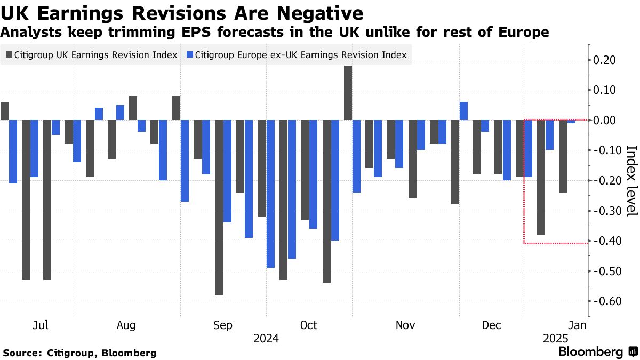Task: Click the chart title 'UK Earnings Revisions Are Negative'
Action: click(x=182, y=12)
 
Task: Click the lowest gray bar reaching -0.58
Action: click(x=219, y=207)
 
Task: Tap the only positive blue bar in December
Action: click(x=463, y=111)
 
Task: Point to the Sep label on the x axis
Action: click(x=222, y=325)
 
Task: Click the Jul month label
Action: click(x=41, y=325)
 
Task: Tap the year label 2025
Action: click(x=556, y=339)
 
